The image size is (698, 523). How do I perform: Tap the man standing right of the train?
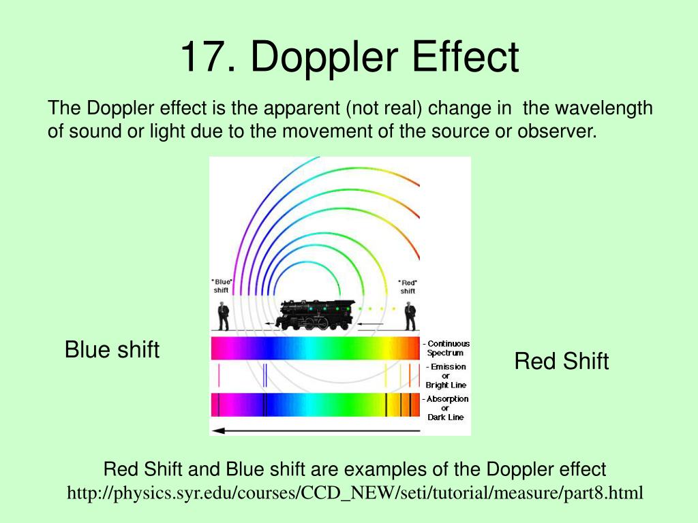click(x=409, y=316)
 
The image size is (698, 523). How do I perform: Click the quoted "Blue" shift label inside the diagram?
click(x=222, y=285)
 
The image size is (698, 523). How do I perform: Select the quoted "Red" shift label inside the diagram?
click(x=408, y=286)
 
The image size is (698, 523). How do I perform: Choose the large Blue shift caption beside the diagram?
click(x=112, y=350)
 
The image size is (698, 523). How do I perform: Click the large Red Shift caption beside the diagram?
click(x=561, y=361)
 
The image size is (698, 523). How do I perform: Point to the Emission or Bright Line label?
click(x=446, y=376)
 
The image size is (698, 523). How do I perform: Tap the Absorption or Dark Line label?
click(x=446, y=407)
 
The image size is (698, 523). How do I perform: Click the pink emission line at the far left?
click(x=219, y=375)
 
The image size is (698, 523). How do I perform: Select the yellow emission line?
click(x=386, y=375)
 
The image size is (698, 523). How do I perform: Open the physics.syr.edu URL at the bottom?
click(x=354, y=492)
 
